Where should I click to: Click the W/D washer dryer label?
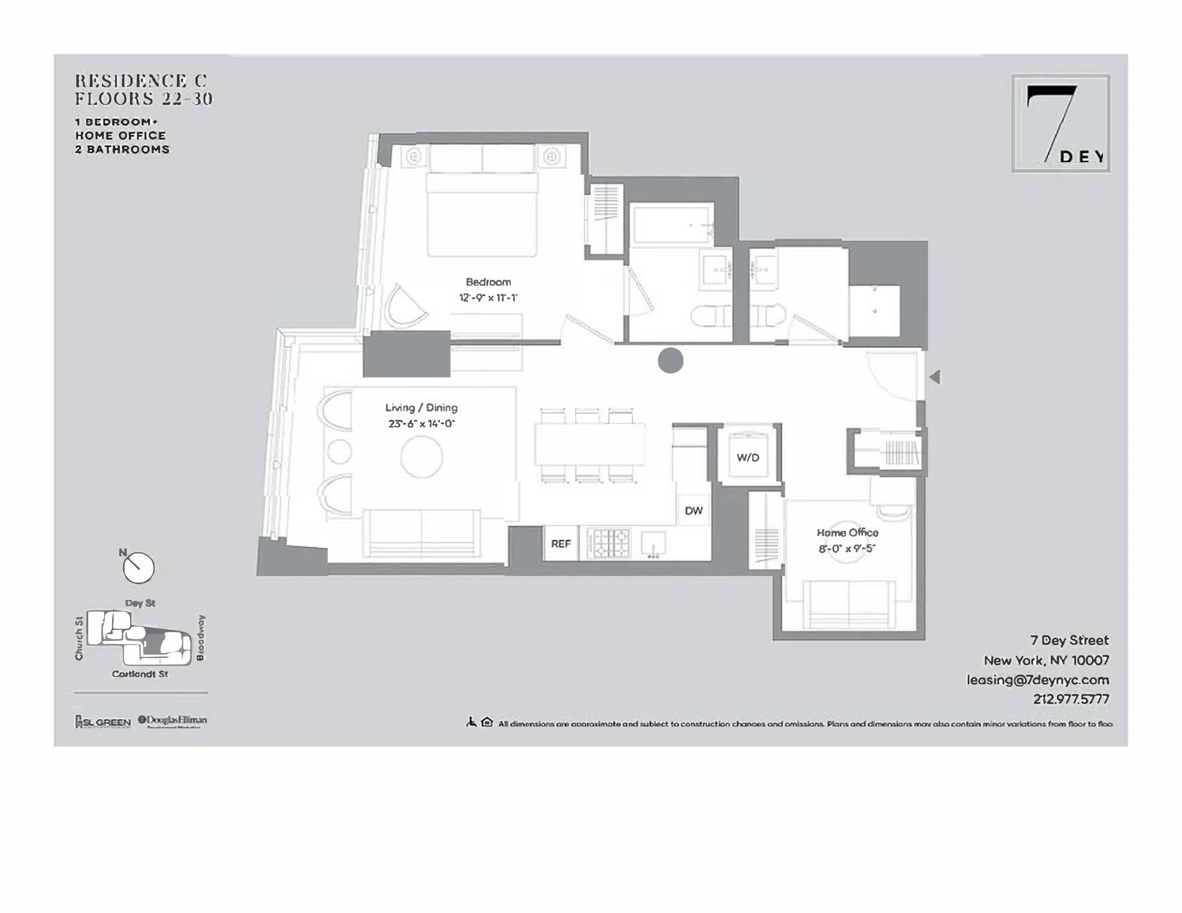[x=748, y=458]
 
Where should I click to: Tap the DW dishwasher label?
[x=693, y=511]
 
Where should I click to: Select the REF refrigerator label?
[x=561, y=544]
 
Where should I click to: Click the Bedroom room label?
[x=488, y=282]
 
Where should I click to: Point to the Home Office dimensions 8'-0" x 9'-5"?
[x=847, y=549]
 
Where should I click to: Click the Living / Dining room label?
[x=421, y=408]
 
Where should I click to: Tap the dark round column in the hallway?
[x=671, y=360]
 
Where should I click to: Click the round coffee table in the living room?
[x=422, y=457]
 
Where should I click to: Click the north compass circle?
[x=139, y=568]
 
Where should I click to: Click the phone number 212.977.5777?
[x=1071, y=699]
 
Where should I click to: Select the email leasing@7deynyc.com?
[x=1038, y=680]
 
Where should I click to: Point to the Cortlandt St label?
[x=140, y=674]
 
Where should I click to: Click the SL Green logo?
[x=103, y=721]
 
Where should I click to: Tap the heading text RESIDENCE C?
[x=141, y=81]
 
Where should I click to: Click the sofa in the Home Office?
[x=848, y=603]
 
